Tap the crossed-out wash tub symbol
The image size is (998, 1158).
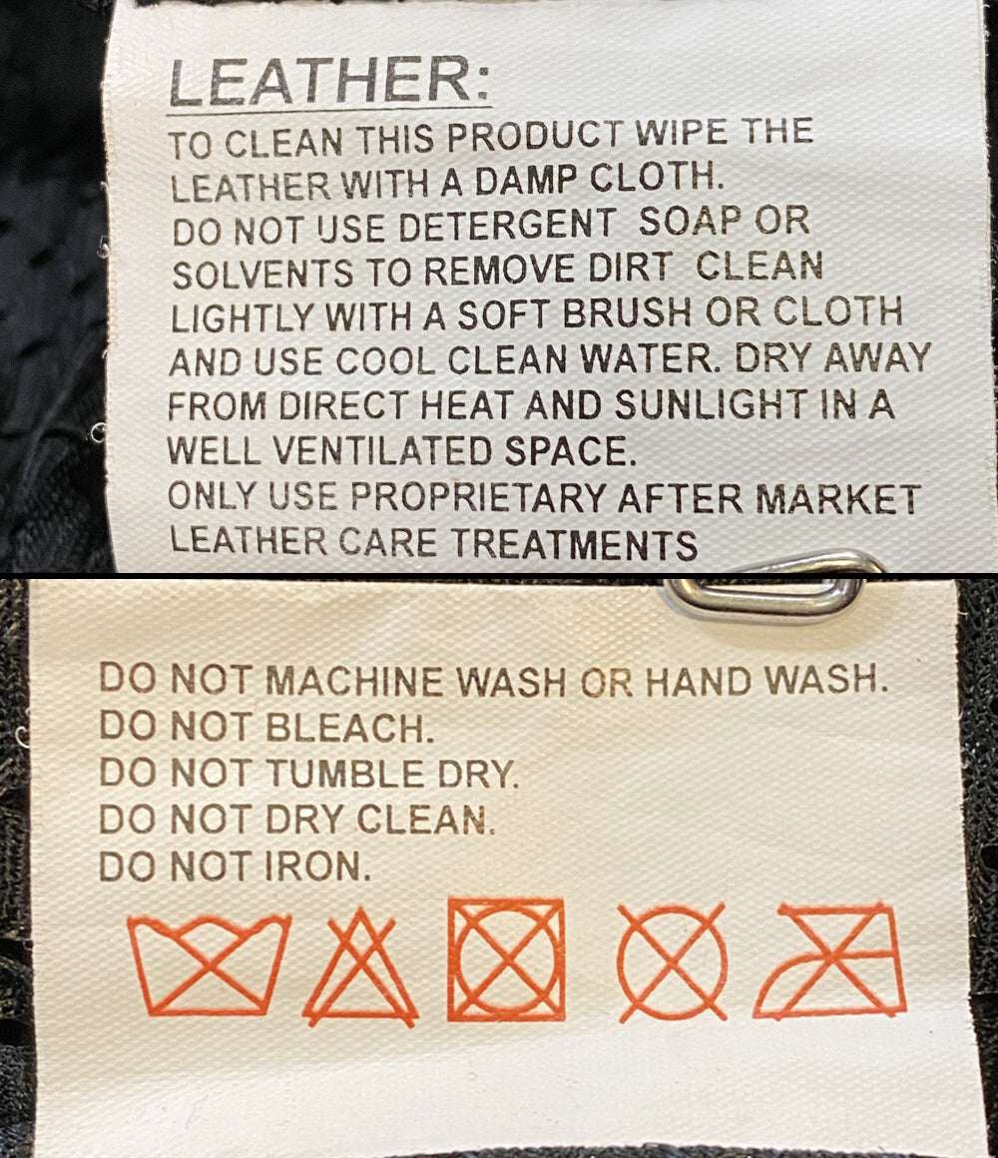[209, 963]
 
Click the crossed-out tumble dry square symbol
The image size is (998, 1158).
[506, 960]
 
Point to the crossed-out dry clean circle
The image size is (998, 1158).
[672, 962]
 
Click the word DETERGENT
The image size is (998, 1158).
[506, 225]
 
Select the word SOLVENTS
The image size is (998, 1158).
[262, 274]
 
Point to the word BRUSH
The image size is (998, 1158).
[628, 313]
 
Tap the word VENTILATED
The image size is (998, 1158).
[382, 450]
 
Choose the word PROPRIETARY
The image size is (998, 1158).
[478, 497]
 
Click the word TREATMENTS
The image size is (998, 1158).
[574, 544]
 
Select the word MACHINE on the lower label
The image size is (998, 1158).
[354, 680]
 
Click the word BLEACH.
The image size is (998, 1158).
[348, 728]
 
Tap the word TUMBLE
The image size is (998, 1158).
[345, 774]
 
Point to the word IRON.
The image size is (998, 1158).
[318, 867]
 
